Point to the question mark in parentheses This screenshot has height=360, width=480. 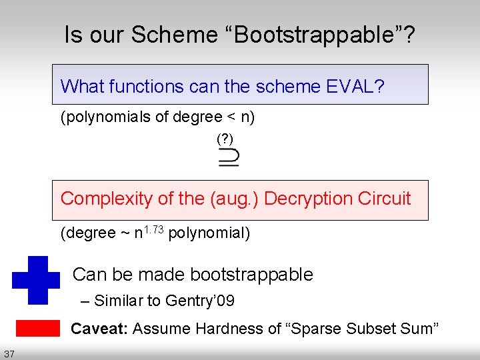coord(225,139)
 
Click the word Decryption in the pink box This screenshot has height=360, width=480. coord(303,199)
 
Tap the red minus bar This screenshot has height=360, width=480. coord(37,328)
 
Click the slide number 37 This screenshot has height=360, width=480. coord(9,353)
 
